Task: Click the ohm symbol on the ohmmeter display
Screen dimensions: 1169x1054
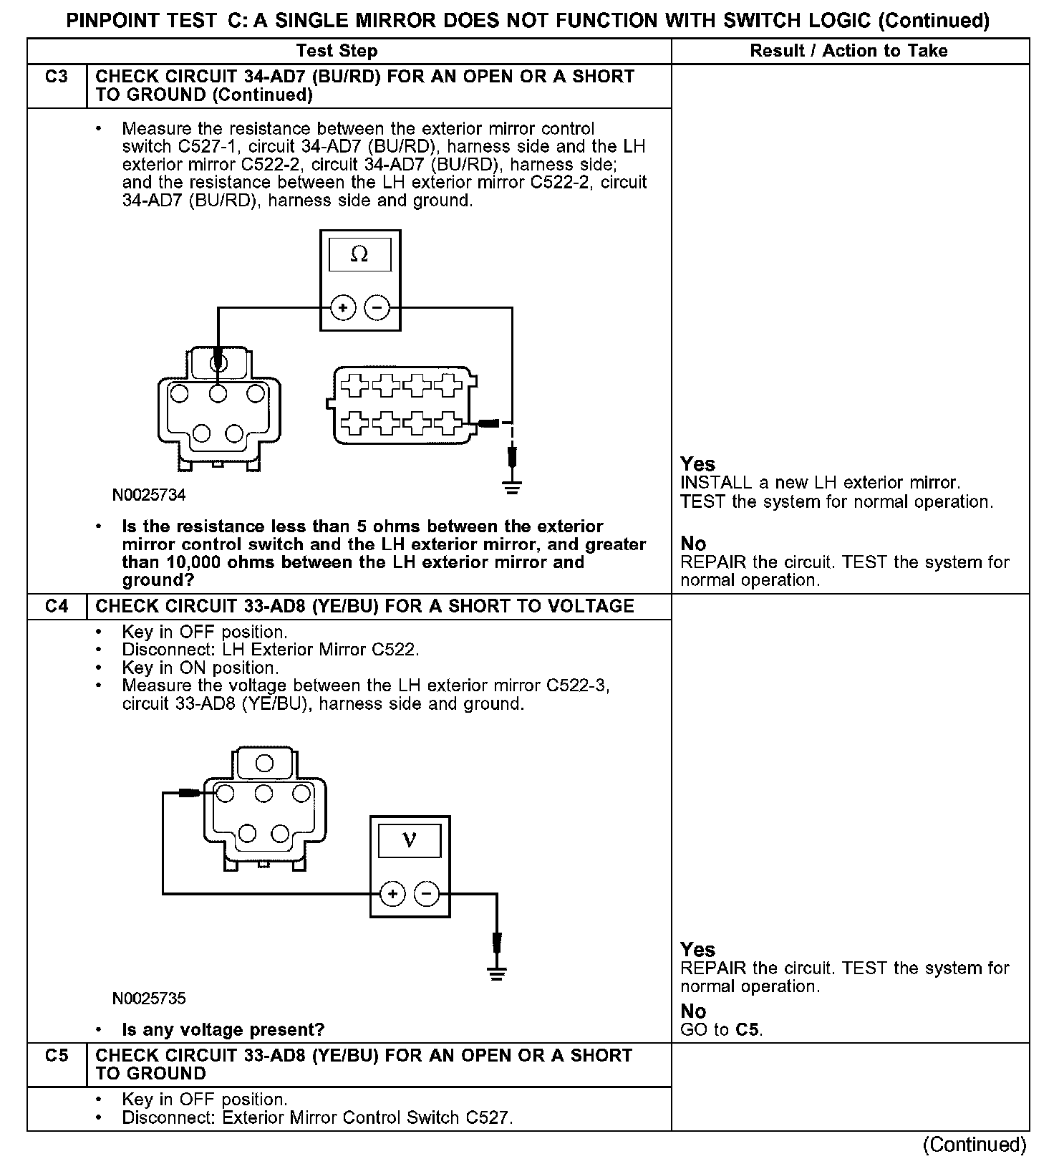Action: click(x=359, y=254)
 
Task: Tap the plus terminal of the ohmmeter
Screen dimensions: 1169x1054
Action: click(x=343, y=308)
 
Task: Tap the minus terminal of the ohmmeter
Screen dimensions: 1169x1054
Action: click(x=377, y=308)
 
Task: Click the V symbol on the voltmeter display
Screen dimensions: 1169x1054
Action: click(x=410, y=840)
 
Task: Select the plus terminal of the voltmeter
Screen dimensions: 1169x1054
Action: click(x=392, y=894)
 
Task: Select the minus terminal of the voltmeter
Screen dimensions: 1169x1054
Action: click(x=427, y=894)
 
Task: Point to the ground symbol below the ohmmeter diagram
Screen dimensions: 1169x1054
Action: click(x=512, y=487)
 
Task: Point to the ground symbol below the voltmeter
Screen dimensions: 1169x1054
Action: click(x=496, y=973)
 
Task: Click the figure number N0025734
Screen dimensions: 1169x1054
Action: click(x=149, y=495)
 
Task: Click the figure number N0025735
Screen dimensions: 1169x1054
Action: click(x=149, y=998)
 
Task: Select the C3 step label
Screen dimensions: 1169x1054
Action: click(x=57, y=77)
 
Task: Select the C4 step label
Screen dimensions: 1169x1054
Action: click(x=57, y=606)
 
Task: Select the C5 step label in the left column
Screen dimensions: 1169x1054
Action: click(x=57, y=1055)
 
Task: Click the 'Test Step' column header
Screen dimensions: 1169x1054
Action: click(x=337, y=51)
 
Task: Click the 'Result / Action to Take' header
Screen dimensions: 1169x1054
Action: click(x=848, y=51)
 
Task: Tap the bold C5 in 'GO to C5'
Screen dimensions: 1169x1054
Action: click(x=749, y=1030)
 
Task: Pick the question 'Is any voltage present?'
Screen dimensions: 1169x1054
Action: click(x=223, y=1029)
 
